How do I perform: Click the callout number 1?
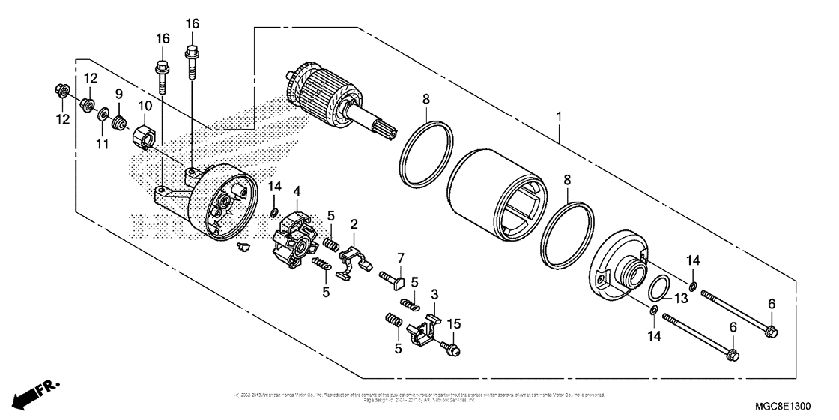(x=558, y=118)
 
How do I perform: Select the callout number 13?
(x=680, y=298)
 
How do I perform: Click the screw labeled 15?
(x=452, y=347)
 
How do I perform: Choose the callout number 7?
(x=400, y=259)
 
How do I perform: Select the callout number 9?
(x=118, y=94)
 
